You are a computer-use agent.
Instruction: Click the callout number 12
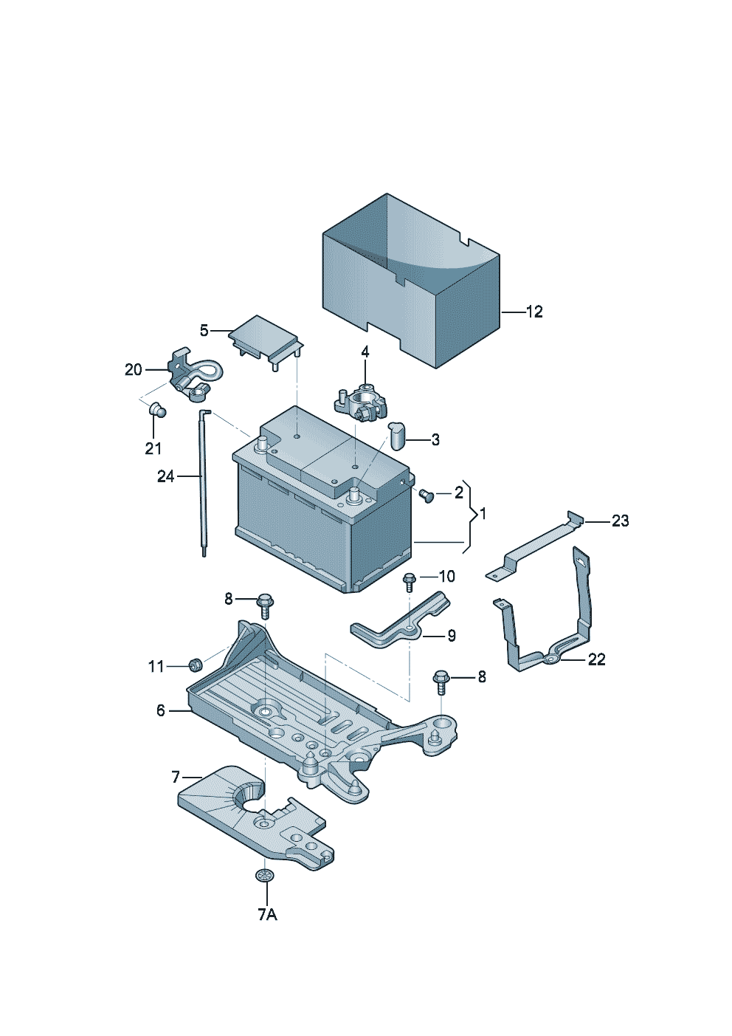(534, 312)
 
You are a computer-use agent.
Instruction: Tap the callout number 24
(166, 476)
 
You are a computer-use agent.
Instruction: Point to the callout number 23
(620, 521)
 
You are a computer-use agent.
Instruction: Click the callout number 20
(134, 370)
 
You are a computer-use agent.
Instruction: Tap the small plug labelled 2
(427, 495)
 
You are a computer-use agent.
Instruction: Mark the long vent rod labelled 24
(204, 482)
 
